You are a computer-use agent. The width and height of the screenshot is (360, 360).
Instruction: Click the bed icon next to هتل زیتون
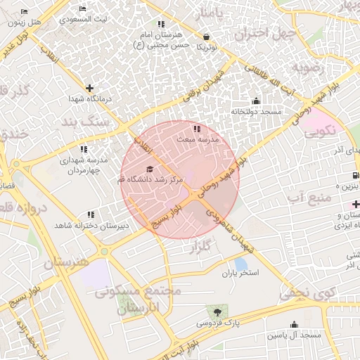pyautogui.click(x=24, y=12)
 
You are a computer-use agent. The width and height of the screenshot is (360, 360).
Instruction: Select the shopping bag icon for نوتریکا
pyautogui.click(x=205, y=37)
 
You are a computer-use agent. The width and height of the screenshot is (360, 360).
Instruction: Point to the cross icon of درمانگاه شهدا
pyautogui.click(x=89, y=88)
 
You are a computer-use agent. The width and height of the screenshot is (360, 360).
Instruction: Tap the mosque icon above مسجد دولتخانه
pyautogui.click(x=255, y=101)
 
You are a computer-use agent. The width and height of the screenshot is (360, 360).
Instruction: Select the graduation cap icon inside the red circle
pyautogui.click(x=149, y=169)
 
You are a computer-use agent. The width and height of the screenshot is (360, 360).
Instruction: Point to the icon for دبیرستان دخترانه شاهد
pyautogui.click(x=90, y=214)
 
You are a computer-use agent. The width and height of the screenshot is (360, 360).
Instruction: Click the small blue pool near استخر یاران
pyautogui.click(x=240, y=264)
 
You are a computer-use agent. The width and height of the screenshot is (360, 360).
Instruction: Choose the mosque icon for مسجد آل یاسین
pyautogui.click(x=294, y=324)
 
